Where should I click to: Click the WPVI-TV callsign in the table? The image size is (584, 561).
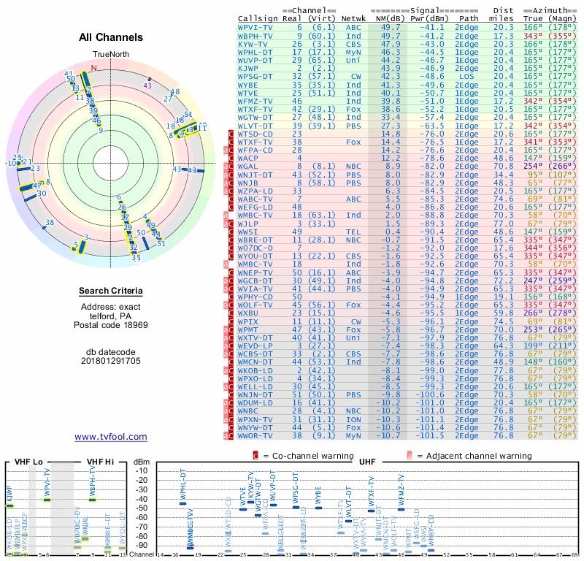coord(254,26)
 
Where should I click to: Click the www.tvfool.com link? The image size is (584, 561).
coord(111,437)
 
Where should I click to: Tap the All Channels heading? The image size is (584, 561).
coord(110,37)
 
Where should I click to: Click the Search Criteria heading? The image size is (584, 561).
coord(110,291)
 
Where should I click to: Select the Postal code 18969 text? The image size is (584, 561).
coord(110,324)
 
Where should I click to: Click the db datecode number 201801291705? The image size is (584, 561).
coord(110,360)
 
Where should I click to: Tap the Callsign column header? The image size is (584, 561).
coord(258,18)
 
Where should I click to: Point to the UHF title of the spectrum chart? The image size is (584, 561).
coord(368,462)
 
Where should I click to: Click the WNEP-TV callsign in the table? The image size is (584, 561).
coord(254,272)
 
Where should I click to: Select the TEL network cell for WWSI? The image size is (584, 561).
coord(353,232)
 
